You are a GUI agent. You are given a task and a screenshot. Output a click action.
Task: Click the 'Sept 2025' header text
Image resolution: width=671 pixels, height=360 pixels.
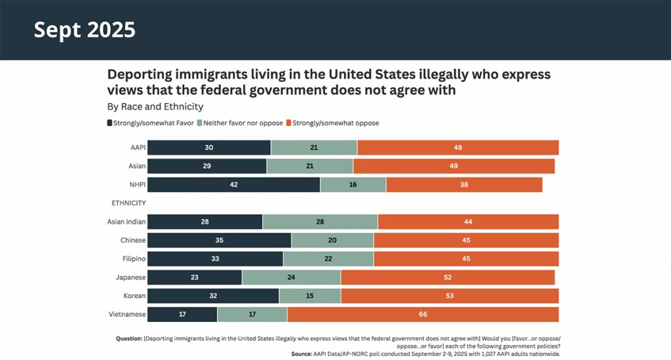pos(85,30)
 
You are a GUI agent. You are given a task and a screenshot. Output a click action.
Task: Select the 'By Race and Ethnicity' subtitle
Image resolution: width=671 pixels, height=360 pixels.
pos(155,106)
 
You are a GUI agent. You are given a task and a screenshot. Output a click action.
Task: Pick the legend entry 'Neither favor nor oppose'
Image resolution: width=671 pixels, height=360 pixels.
pos(244,123)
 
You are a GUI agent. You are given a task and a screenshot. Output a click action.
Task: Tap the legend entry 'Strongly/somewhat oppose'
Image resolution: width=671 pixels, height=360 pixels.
pos(335,123)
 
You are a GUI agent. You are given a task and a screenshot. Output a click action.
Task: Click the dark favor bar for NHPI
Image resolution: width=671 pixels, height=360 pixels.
pos(233,185)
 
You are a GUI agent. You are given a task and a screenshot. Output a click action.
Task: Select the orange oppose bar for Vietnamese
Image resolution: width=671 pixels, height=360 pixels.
pos(423,315)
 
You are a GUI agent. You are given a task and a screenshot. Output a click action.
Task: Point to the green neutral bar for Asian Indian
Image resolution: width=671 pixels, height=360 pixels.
pos(320,222)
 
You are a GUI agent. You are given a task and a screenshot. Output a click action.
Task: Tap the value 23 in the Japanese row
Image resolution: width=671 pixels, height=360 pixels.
pos(195,277)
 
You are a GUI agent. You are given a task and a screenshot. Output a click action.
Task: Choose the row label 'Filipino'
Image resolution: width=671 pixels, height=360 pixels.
pos(132,259)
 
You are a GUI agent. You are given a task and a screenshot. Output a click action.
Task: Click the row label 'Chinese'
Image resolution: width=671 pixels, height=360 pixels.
pos(133,240)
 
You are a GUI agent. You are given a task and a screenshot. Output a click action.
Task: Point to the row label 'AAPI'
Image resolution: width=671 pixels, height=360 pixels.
pos(137,148)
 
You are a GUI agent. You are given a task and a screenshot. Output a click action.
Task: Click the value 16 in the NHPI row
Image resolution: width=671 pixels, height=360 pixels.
pos(353,185)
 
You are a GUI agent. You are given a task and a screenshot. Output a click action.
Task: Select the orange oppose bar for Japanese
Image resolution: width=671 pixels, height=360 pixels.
pos(448,277)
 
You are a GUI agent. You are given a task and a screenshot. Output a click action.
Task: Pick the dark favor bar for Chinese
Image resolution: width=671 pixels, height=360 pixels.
pos(219,240)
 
